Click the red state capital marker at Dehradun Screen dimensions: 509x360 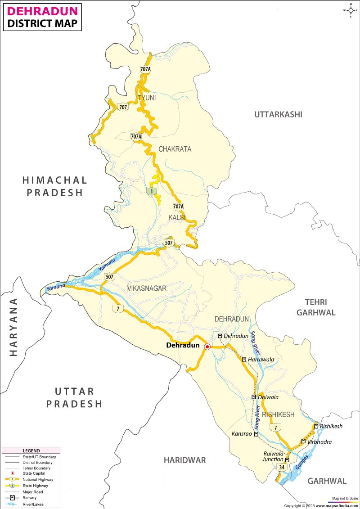[207, 347]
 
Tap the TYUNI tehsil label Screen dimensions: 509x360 [147, 98]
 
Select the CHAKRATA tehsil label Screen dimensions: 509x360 [175, 149]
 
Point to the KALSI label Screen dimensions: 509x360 [177, 218]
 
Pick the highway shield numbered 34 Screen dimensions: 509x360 [282, 468]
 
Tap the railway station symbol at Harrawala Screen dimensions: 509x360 [243, 360]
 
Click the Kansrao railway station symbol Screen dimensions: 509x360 [256, 434]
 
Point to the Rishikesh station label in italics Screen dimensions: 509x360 [331, 426]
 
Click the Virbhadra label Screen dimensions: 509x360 [319, 442]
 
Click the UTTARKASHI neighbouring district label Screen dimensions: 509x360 [278, 114]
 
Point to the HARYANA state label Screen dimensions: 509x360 [13, 327]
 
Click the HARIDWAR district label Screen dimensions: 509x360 [184, 460]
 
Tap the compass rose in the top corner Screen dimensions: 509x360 [350, 10]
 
